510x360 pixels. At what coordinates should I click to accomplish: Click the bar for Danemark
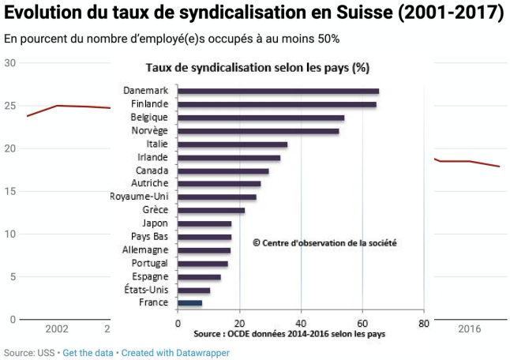(278, 92)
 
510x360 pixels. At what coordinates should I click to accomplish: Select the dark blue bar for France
(189, 302)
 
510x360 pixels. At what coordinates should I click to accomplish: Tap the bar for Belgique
(261, 118)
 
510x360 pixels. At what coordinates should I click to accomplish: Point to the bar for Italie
(232, 144)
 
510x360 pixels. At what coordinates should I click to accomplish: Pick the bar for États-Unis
(193, 290)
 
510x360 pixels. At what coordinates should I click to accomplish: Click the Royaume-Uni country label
(138, 197)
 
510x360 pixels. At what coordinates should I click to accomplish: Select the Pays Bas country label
(149, 237)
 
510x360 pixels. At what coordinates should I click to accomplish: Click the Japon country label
(155, 223)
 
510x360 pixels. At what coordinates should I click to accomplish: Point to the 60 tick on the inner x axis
(362, 323)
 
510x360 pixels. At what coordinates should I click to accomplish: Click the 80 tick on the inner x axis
(423, 323)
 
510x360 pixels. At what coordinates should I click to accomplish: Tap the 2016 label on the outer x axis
(470, 329)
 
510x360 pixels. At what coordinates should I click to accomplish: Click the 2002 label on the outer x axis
(57, 329)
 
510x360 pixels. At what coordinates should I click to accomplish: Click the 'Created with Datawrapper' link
(175, 353)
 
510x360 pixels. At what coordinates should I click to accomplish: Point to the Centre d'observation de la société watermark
(324, 243)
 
